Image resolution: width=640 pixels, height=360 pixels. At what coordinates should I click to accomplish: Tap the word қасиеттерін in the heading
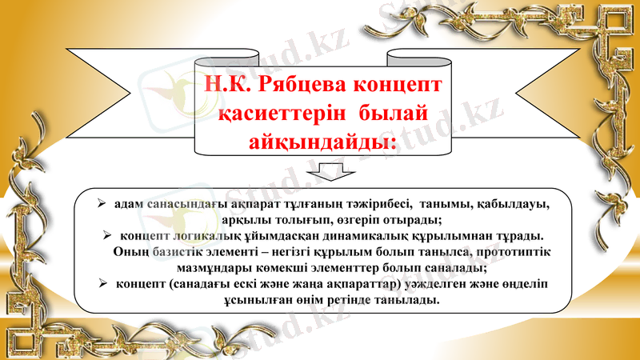(268, 114)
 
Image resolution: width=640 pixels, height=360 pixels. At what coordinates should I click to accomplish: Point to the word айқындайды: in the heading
(323, 142)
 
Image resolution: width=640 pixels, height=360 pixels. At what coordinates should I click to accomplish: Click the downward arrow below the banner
(322, 171)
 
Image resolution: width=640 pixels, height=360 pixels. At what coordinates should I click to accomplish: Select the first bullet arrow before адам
(102, 204)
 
